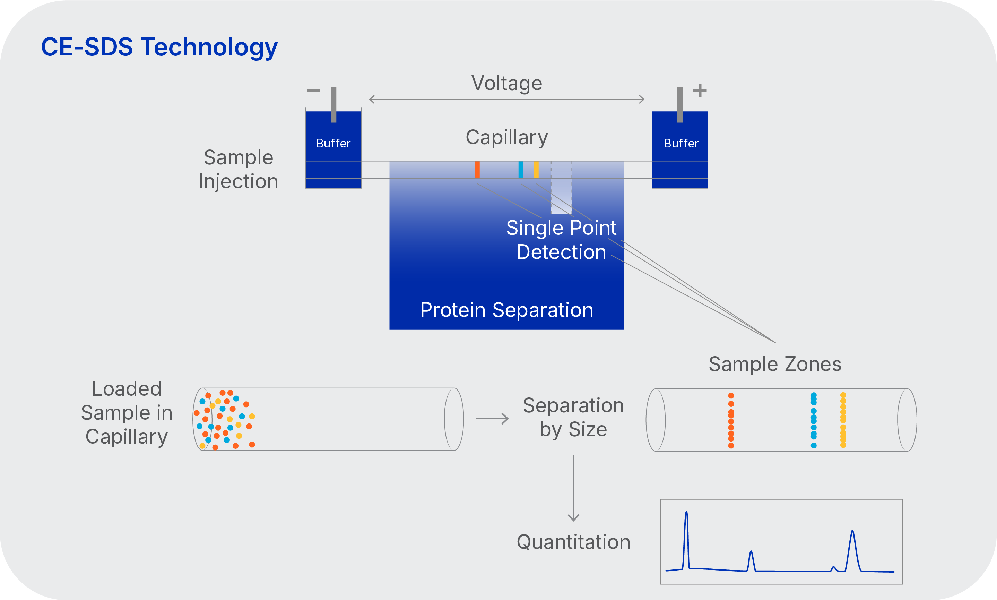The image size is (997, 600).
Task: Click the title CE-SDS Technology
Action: pyautogui.click(x=159, y=47)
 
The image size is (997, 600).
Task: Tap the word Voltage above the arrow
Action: pyautogui.click(x=506, y=83)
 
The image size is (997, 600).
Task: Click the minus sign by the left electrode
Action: pyautogui.click(x=313, y=90)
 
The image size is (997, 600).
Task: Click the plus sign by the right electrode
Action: pyautogui.click(x=700, y=90)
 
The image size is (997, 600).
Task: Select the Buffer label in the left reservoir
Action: pyautogui.click(x=333, y=143)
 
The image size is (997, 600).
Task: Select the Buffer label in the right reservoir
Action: pyautogui.click(x=681, y=143)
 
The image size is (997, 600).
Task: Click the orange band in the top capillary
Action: pyautogui.click(x=477, y=169)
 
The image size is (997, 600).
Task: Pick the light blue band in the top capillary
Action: pyautogui.click(x=521, y=169)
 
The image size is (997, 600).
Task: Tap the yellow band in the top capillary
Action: pyautogui.click(x=536, y=169)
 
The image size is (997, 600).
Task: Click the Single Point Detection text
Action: pyautogui.click(x=561, y=240)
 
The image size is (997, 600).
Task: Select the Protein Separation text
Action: pyautogui.click(x=506, y=310)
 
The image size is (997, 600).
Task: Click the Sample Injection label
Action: pyautogui.click(x=238, y=169)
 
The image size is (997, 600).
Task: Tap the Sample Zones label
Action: pyautogui.click(x=775, y=364)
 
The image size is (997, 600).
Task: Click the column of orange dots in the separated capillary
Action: pyautogui.click(x=731, y=420)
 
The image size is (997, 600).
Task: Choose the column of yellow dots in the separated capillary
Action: pyautogui.click(x=843, y=420)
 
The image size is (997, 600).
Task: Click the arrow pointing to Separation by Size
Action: pyautogui.click(x=492, y=419)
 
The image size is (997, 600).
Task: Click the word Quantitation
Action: pyautogui.click(x=573, y=542)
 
